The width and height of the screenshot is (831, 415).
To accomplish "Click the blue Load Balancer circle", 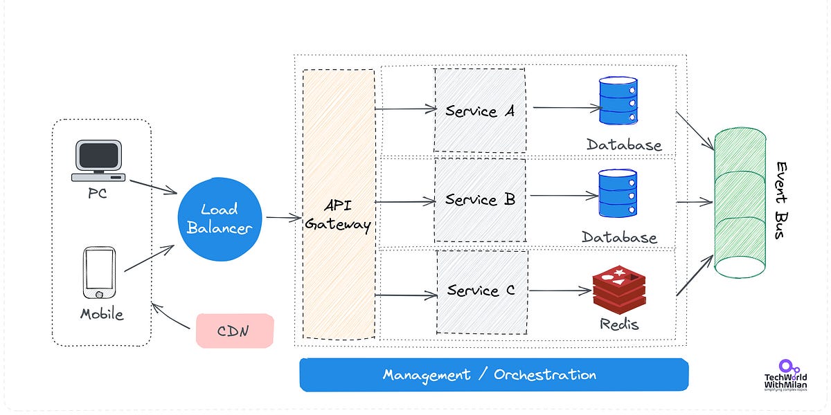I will tap(220, 218).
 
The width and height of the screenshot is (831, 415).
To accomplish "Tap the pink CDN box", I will tap(235, 331).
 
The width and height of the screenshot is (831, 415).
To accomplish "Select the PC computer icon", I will tap(98, 161).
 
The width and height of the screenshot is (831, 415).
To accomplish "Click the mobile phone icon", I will tap(99, 273).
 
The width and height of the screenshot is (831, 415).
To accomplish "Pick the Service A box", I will tap(479, 110).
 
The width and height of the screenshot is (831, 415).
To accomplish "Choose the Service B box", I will tap(479, 200).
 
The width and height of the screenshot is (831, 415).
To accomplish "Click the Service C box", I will tap(482, 291).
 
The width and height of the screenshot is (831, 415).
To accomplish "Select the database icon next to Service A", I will tap(618, 101).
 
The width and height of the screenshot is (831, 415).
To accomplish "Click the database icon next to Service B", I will tap(618, 193).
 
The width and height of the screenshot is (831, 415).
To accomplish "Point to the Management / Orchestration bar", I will tap(494, 375).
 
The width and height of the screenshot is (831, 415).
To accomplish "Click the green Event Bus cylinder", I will tap(740, 203).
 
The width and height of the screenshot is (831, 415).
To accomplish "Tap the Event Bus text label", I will tap(781, 201).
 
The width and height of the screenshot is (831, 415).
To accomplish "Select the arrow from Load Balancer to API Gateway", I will tap(284, 218).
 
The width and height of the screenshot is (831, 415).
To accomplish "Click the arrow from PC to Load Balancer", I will tap(153, 186).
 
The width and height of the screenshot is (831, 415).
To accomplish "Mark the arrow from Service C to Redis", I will tap(560, 291).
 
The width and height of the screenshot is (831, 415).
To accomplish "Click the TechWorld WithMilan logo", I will tap(786, 377).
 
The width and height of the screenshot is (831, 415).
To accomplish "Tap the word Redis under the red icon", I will tap(619, 324).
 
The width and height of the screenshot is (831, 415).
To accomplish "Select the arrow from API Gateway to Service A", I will tap(404, 109).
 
